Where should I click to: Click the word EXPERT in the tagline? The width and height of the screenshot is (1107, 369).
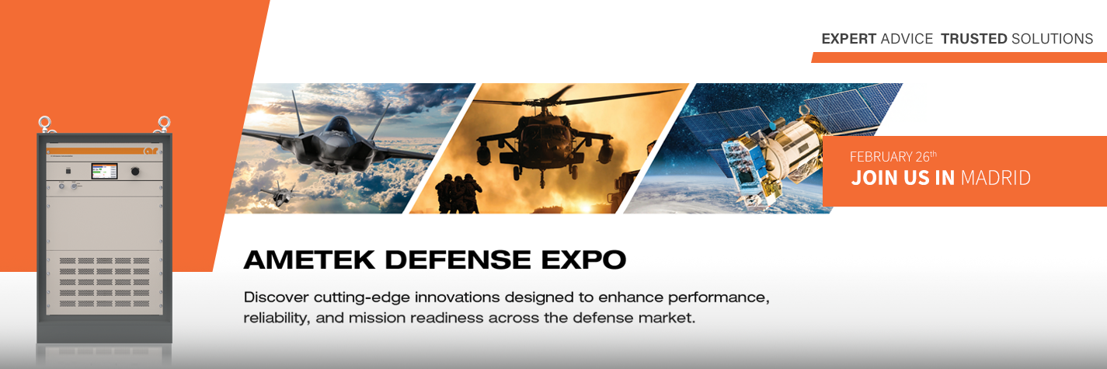click(x=848, y=39)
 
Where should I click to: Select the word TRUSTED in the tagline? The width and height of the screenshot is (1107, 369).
click(x=973, y=39)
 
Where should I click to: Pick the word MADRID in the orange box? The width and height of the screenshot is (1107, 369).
click(x=995, y=178)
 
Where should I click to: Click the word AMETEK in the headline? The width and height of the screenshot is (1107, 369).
click(x=308, y=260)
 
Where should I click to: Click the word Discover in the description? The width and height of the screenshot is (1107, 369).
click(x=275, y=298)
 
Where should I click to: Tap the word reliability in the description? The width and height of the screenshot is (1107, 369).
click(x=277, y=318)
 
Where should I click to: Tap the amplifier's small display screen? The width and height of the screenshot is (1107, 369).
click(x=104, y=171)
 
